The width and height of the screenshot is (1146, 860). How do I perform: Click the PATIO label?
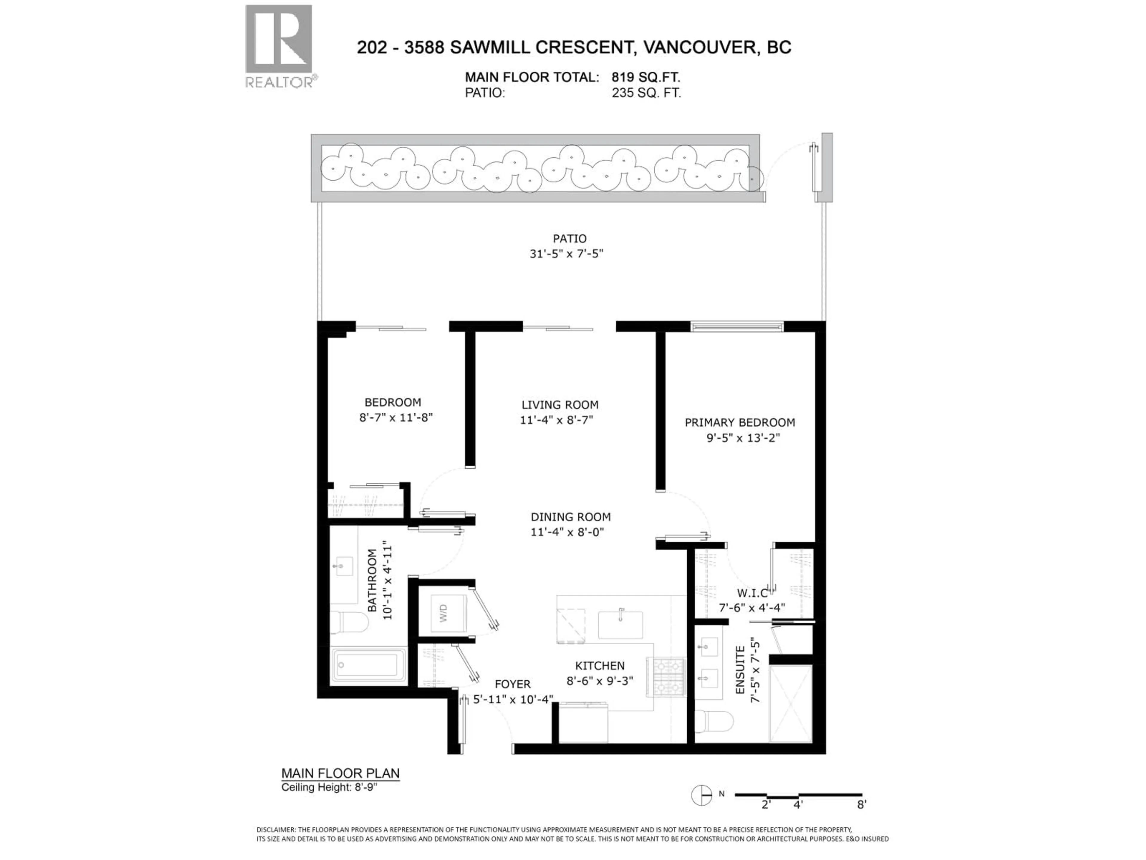569,239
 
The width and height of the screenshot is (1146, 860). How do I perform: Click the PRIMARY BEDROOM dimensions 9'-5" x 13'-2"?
743,438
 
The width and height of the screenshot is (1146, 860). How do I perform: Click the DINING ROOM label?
570,517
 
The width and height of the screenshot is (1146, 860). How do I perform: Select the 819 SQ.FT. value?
646,77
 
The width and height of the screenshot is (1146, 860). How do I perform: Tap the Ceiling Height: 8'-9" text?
329,787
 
